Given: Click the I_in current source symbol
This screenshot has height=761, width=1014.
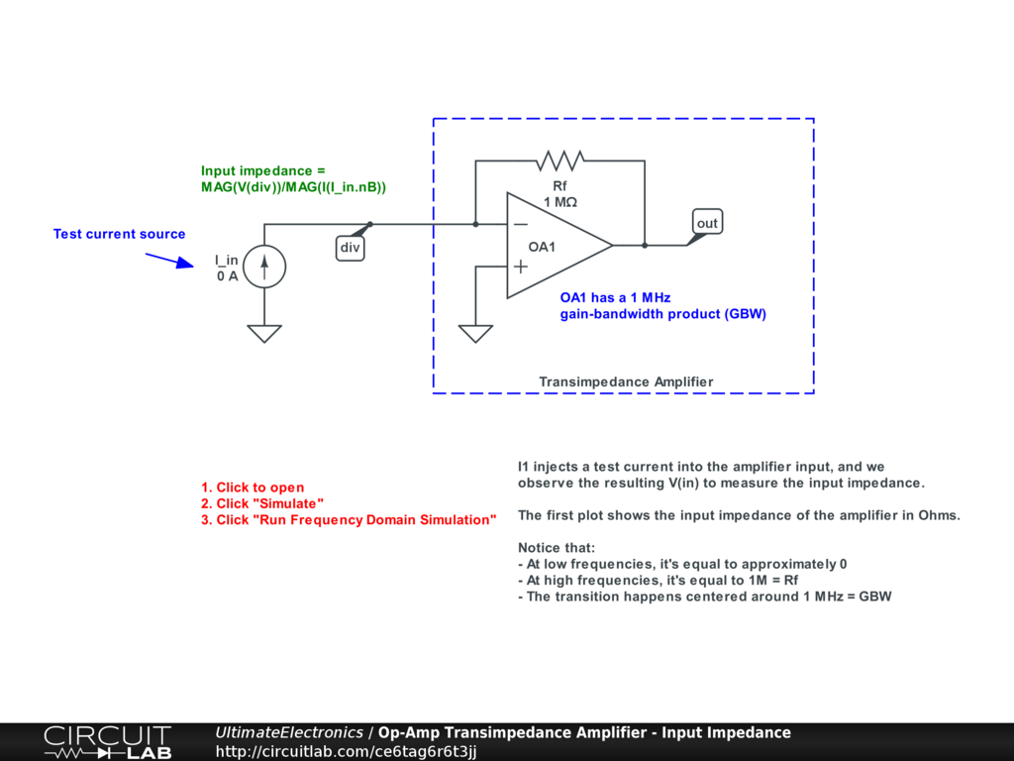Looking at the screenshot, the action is coord(264,267).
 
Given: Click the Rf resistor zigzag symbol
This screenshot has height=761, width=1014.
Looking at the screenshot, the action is coord(559,160).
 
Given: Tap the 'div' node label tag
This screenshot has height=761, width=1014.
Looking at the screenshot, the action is coord(350,248).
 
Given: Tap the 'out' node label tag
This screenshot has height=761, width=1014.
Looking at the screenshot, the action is coord(707,223).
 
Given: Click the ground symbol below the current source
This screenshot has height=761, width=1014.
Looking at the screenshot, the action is coord(264,333).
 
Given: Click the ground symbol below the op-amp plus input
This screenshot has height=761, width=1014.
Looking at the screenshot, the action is coord(476,333).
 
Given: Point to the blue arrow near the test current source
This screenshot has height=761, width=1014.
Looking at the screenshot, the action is coord(169,260).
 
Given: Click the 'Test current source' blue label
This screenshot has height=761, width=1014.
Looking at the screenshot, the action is coord(119,234).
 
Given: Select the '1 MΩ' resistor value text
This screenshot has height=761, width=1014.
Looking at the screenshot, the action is coord(559,202).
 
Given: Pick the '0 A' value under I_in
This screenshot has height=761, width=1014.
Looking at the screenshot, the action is coord(228,276).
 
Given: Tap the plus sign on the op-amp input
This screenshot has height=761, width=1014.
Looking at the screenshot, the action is coord(521,266).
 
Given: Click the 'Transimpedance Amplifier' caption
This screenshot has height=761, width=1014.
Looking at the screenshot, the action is coord(626,381).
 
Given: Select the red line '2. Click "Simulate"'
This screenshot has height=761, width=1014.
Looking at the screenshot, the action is coord(262,503).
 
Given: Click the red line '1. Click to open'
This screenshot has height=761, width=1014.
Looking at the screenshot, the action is coord(253,488).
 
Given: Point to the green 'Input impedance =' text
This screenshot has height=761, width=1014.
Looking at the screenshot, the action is coord(262,170).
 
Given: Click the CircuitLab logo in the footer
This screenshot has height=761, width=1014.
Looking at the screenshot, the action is coord(107,742).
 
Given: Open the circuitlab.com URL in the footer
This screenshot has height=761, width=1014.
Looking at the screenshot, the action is coord(347,752).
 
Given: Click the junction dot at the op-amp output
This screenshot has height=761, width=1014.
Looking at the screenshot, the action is coord(645,245).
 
